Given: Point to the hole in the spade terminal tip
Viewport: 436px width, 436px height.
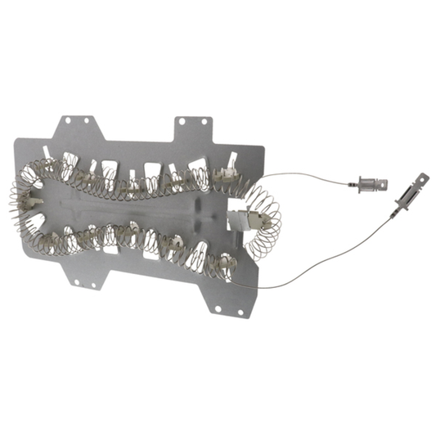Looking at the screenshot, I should pos(424,177).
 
